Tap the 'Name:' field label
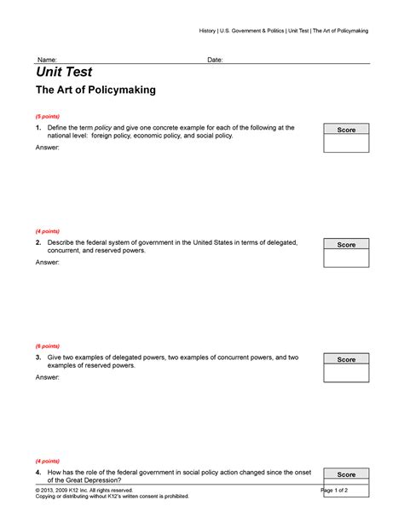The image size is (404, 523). click(46, 60)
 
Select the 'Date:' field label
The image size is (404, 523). click(216, 60)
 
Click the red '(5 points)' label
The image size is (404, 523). click(48, 115)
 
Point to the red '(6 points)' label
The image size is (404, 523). click(48, 346)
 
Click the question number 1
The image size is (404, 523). click(38, 127)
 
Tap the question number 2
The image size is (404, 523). click(38, 242)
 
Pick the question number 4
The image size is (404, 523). click(38, 472)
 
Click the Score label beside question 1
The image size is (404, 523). click(346, 130)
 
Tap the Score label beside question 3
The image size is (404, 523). click(346, 359)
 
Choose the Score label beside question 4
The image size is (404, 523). click(346, 474)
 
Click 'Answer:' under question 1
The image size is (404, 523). click(48, 148)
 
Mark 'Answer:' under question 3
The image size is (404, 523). click(48, 377)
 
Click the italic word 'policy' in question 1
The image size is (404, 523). click(104, 127)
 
